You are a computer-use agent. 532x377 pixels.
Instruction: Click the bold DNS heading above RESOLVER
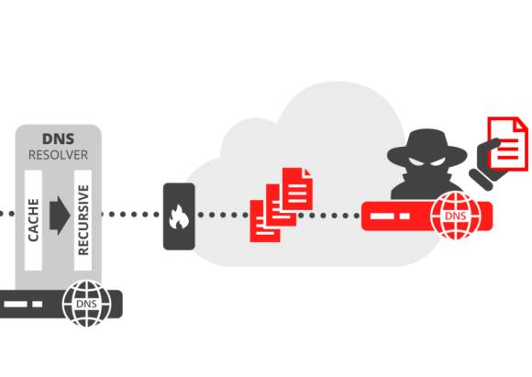[x=58, y=139]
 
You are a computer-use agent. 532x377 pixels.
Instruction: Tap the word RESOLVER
[x=59, y=155]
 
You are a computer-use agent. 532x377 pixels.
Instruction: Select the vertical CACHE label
[x=33, y=220]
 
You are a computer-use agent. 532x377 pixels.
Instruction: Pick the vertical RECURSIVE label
[x=83, y=220]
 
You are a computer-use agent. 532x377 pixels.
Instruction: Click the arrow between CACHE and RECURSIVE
[x=60, y=216]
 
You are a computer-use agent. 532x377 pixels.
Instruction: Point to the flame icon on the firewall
[x=179, y=216]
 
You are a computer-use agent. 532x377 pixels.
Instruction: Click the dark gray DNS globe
[x=86, y=303]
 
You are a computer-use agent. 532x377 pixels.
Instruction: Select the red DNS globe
[x=456, y=216]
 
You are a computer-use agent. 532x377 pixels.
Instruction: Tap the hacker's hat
[x=427, y=148]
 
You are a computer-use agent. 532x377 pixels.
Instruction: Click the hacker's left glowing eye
[x=416, y=161]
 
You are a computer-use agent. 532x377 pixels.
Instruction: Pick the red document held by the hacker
[x=507, y=144]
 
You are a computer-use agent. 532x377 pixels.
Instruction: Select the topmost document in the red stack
[x=297, y=189]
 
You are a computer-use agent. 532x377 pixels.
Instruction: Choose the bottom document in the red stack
[x=265, y=221]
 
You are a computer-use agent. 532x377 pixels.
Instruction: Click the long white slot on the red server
[x=382, y=216]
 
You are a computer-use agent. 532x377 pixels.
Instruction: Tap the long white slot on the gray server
[x=16, y=304]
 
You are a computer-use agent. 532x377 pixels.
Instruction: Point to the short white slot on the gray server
[x=38, y=304]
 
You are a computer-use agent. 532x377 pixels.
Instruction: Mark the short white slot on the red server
[x=405, y=216]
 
